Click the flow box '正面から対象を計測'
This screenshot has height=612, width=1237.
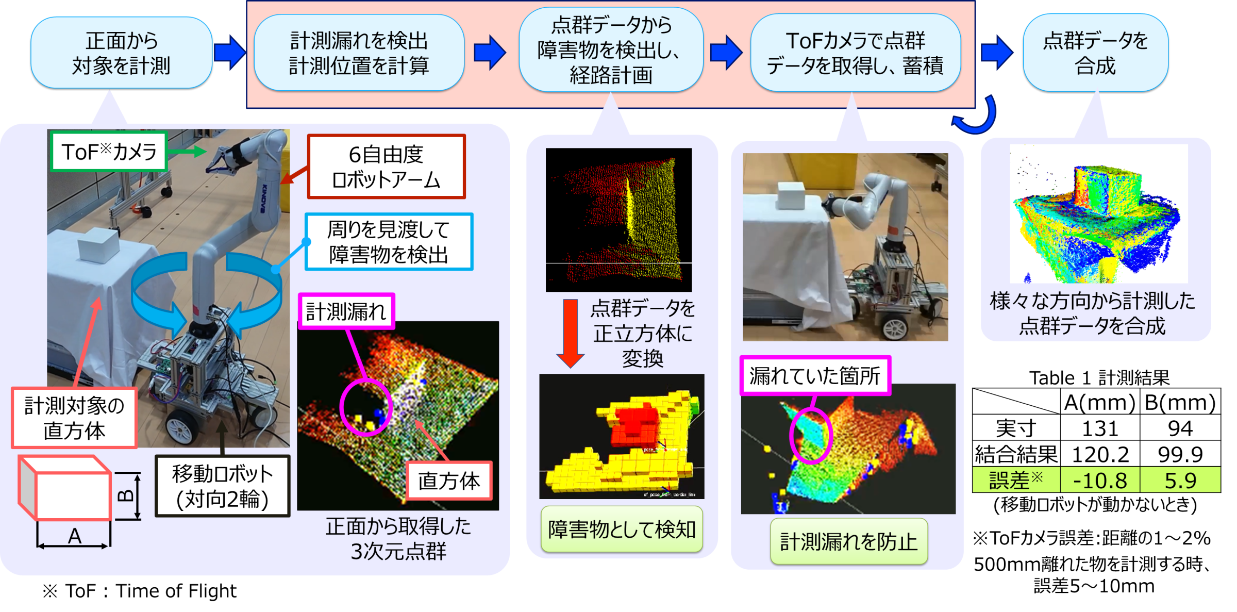[122, 53]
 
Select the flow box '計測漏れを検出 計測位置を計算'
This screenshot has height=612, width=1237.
[359, 53]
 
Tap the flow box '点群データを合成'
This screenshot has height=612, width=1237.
[1095, 53]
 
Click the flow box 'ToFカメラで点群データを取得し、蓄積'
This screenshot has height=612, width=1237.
[856, 53]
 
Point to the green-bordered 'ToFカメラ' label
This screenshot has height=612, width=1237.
[109, 152]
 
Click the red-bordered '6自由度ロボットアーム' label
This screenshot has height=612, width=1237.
[386, 167]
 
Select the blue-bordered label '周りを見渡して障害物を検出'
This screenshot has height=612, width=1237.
[389, 241]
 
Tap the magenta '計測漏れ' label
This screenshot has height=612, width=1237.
[346, 311]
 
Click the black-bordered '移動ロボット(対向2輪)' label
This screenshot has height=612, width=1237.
[223, 486]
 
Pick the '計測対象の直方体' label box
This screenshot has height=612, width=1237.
[74, 418]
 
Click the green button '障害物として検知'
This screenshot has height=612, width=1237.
[622, 530]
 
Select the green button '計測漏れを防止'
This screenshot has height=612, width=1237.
[849, 541]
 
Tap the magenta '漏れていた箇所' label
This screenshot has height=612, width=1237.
[815, 375]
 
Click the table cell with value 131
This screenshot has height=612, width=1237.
[1100, 428]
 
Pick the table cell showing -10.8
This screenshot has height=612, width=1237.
[1100, 480]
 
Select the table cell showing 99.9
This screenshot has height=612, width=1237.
[1180, 454]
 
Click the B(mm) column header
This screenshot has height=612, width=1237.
[1180, 402]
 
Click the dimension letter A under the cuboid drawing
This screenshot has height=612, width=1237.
[75, 536]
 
